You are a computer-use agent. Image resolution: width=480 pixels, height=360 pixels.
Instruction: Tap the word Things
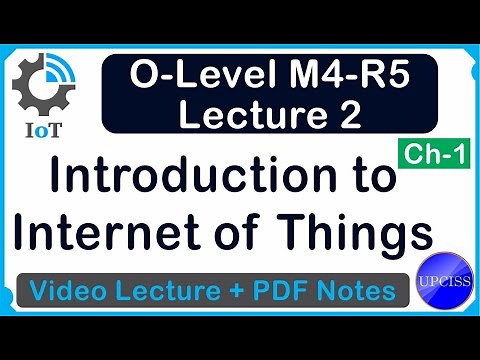click(x=360, y=236)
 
